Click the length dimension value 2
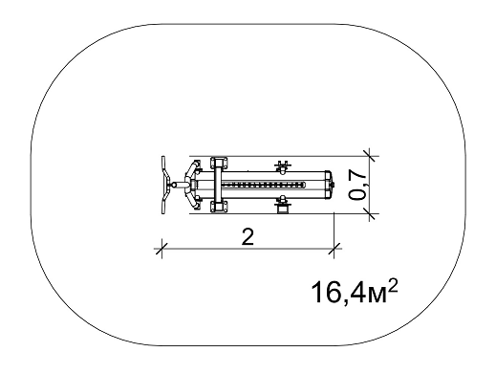tap(248, 237)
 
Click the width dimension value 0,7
tap(357, 184)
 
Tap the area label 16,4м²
tap(355, 292)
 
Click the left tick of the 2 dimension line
tap(162, 248)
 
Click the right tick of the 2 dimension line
tap(334, 248)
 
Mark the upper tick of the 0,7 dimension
tap(370, 156)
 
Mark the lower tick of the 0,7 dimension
tap(370, 213)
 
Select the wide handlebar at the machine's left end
tap(165, 185)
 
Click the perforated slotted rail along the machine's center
tap(263, 185)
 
